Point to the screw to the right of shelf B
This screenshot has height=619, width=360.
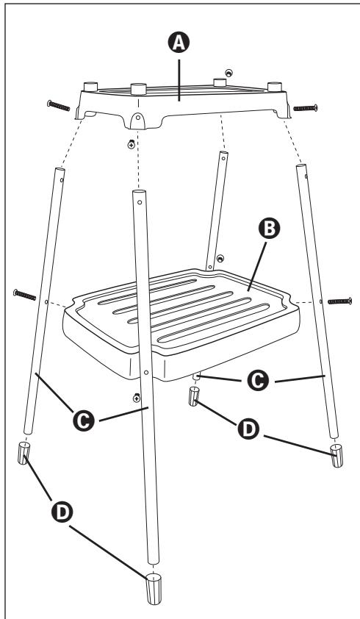pos(339,300)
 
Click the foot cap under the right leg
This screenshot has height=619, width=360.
pos(336,456)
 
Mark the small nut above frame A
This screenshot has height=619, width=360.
pos(230,73)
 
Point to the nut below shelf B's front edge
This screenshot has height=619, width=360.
pos(136,398)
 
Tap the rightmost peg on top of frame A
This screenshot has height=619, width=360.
pos(277,86)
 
